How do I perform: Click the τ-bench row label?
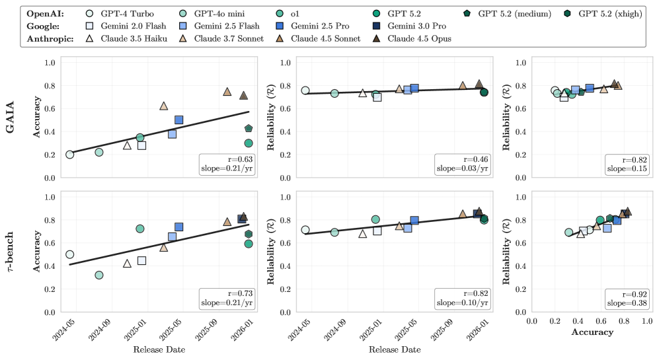click(x=11, y=252)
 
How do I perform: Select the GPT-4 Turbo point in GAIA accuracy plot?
click(x=69, y=155)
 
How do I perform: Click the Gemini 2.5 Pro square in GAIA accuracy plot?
click(x=178, y=120)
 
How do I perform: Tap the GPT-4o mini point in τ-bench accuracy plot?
click(x=99, y=275)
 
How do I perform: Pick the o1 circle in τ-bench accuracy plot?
click(x=139, y=229)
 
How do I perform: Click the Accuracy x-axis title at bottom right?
click(x=592, y=333)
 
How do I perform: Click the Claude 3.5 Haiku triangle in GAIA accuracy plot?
click(x=127, y=145)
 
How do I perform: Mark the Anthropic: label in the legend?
click(x=50, y=38)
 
